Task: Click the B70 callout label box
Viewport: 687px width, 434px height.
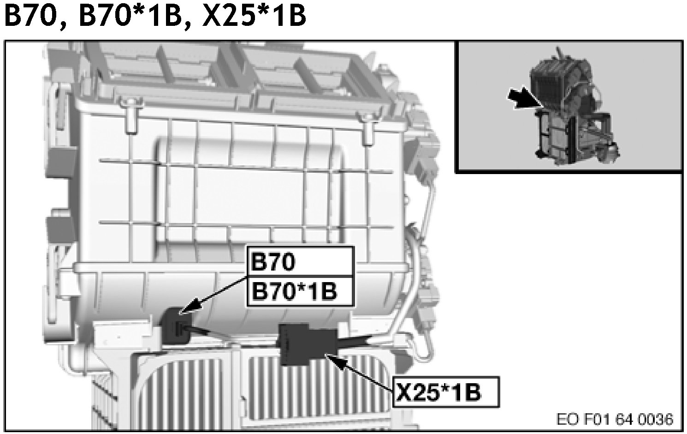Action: point(301,261)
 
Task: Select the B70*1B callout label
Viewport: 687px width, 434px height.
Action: point(301,291)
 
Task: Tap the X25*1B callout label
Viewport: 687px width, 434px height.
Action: point(446,392)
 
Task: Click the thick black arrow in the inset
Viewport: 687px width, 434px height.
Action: point(523,98)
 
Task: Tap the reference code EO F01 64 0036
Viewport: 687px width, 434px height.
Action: point(615,420)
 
